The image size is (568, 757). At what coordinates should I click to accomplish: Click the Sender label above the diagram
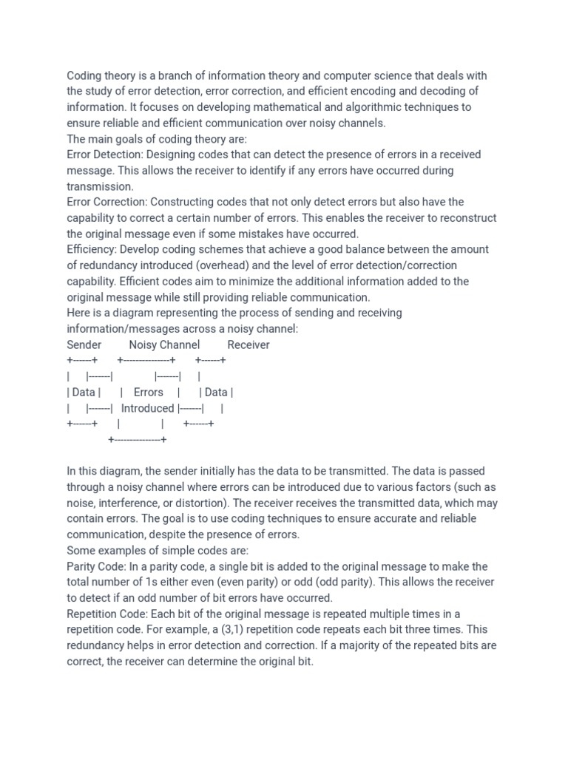pos(84,344)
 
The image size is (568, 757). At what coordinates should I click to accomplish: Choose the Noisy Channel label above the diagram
pos(164,344)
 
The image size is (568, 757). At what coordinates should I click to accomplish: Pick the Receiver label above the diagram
pos(248,344)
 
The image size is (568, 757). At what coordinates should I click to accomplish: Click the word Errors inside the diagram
pos(149,392)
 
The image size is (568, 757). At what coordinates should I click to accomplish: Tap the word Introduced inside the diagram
pos(148,408)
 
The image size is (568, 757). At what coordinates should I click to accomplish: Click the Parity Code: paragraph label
pos(98,566)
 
